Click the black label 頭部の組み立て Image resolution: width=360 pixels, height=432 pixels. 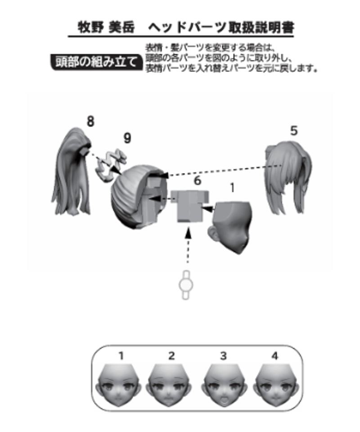point(97,62)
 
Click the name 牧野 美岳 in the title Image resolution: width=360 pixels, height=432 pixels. point(106,27)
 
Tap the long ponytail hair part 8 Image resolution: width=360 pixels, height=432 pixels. point(72,171)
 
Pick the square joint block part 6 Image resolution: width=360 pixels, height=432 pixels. point(190,205)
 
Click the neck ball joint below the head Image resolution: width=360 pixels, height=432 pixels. point(186,285)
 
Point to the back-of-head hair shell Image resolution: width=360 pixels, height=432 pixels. point(138,197)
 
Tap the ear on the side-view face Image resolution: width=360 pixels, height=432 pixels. point(213,232)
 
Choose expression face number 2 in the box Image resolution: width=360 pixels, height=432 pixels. point(170,385)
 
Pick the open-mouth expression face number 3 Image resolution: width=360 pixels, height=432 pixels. point(225,385)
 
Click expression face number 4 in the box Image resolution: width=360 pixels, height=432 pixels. point(276,385)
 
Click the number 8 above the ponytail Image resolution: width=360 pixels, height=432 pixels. point(90,121)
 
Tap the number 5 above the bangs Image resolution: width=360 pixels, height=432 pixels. point(294,130)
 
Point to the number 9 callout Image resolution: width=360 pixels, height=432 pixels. point(127,138)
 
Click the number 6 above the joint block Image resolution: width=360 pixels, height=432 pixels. point(198,181)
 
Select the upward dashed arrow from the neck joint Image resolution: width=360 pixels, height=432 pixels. point(188,246)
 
